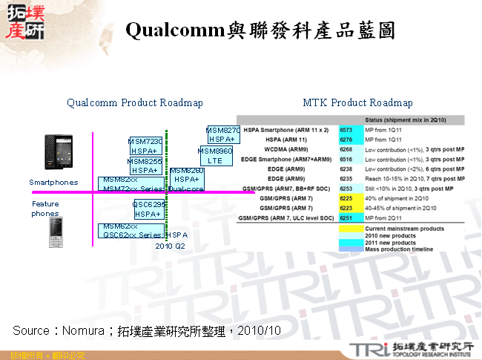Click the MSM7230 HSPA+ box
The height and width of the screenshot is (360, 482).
(x=146, y=145)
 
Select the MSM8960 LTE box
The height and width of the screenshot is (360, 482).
(x=216, y=156)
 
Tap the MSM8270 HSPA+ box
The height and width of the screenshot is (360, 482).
(x=222, y=134)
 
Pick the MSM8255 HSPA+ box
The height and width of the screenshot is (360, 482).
(x=145, y=166)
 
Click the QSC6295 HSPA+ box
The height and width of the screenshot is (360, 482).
(x=149, y=209)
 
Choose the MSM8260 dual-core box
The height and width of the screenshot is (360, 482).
(x=187, y=179)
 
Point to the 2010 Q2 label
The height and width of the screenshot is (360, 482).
(x=171, y=246)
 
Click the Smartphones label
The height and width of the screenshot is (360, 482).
(x=53, y=182)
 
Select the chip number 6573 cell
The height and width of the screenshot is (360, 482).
(x=346, y=129)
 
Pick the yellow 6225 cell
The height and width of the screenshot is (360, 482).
(x=346, y=199)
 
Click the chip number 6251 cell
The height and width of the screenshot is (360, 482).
(x=346, y=219)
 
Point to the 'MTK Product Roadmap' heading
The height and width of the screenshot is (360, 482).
(x=358, y=102)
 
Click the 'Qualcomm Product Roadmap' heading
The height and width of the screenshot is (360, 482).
(x=135, y=102)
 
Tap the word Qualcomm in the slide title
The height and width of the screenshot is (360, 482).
(x=175, y=30)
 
